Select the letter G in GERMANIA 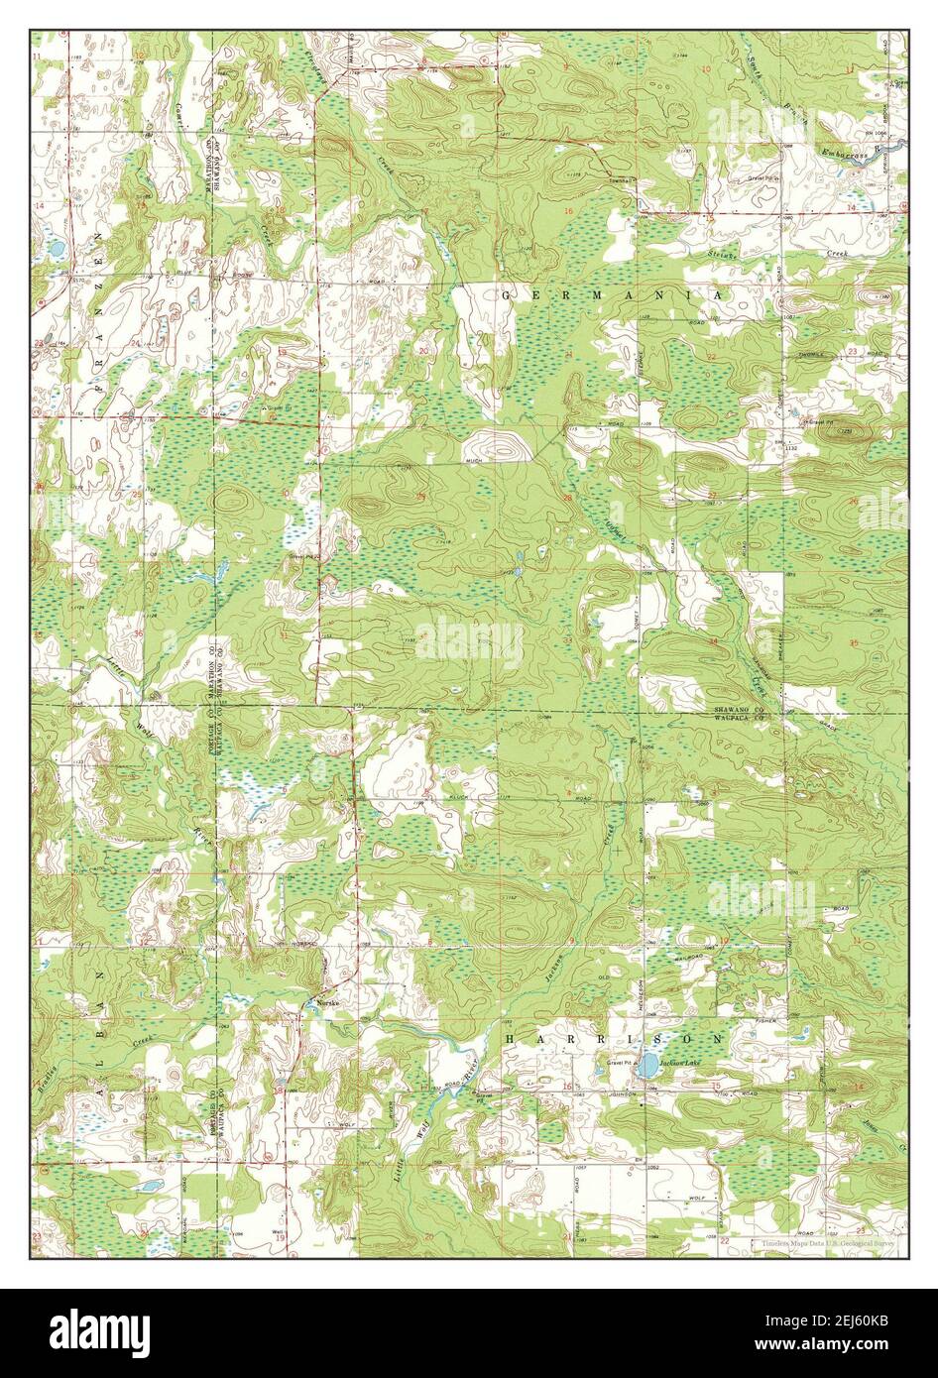pyautogui.click(x=507, y=295)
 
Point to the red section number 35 pyautogui.click(x=856, y=643)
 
